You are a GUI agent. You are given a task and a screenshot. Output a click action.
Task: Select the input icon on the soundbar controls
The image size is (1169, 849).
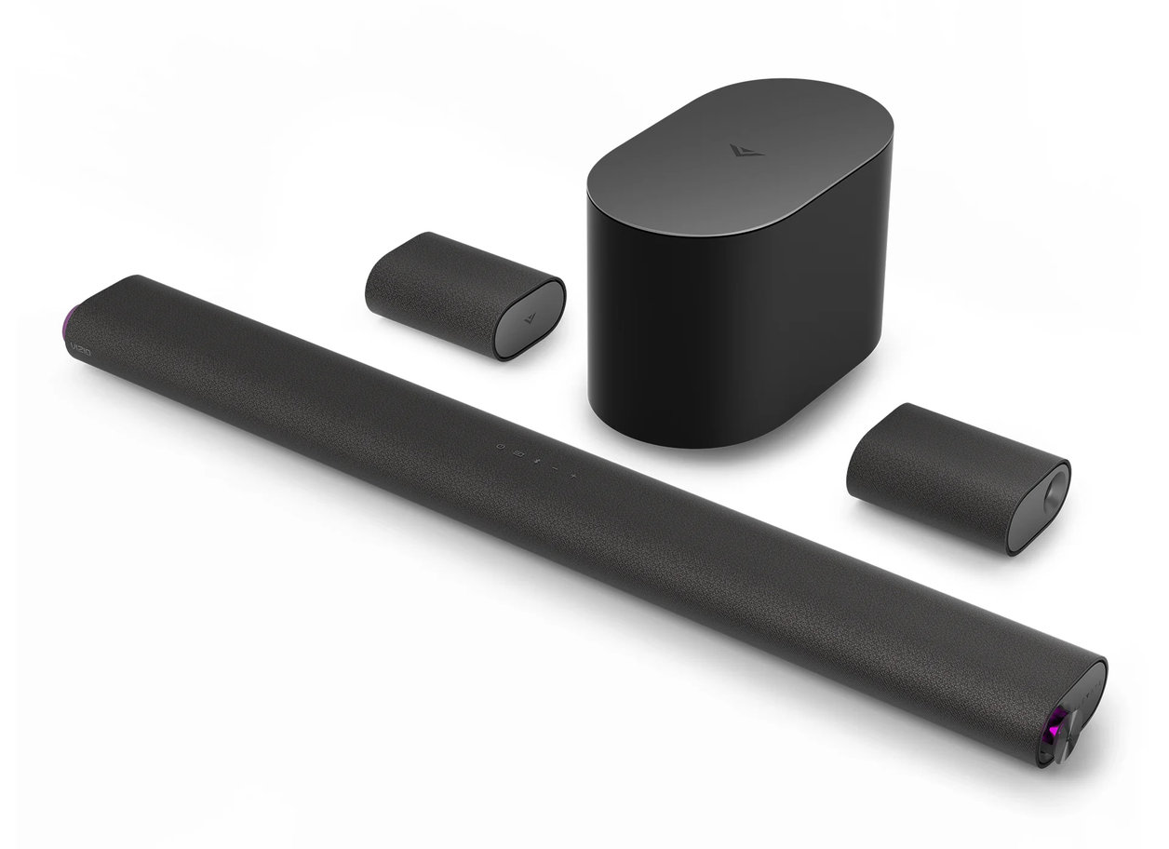(519, 453)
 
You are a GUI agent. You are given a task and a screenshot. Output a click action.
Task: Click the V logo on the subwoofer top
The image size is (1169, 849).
(745, 149)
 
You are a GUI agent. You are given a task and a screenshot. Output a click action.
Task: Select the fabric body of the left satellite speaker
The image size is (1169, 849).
(437, 289)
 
